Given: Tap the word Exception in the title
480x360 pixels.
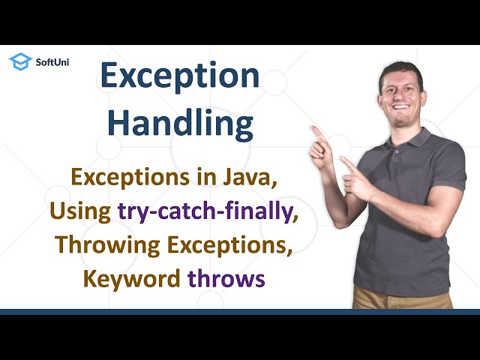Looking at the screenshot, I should click(180, 76).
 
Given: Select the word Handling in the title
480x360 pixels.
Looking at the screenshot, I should click(180, 123).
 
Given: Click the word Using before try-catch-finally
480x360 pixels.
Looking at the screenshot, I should click(81, 212).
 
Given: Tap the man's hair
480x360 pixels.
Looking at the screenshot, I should click(401, 69).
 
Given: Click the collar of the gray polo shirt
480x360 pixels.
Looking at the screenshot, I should click(409, 135).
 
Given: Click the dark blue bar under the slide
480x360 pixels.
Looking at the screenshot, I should click(240, 311).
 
